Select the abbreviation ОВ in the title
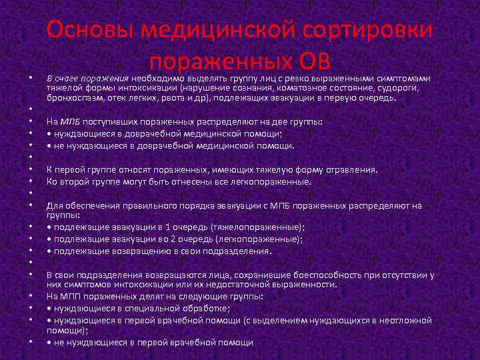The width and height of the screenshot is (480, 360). coord(311,63)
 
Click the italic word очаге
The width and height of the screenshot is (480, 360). coord(68,75)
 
